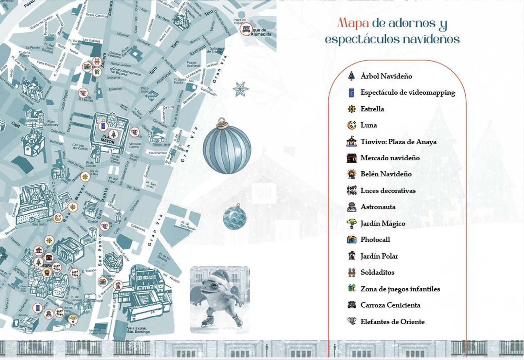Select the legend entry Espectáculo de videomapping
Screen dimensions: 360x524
point(408,93)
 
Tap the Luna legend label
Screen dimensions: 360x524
point(369,125)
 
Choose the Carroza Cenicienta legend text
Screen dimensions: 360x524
point(390,305)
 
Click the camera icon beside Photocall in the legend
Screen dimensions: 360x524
point(351,240)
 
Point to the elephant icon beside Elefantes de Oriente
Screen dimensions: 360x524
point(351,321)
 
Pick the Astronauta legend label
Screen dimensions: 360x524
point(378,207)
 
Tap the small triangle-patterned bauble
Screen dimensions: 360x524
point(235,217)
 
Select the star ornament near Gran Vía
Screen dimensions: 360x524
point(241,89)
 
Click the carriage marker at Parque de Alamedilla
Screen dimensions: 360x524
point(245,28)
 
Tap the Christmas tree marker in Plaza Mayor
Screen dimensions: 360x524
point(113,134)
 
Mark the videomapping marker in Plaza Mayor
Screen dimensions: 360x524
point(103,126)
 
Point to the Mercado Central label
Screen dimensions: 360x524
point(135,145)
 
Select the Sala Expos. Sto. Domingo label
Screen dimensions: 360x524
point(137,330)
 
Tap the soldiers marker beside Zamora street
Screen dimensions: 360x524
point(96,61)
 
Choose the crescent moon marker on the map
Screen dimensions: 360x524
point(58,217)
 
